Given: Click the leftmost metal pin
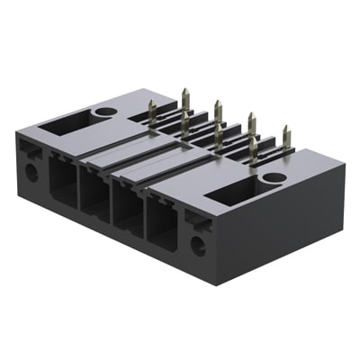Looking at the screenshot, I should [x=152, y=112].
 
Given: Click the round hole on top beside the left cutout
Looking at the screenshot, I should [x=105, y=112].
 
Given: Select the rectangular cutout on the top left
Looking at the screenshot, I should [x=66, y=121].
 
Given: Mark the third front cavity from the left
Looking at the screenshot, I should [x=126, y=211].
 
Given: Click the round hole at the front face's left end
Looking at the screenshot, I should [x=31, y=170].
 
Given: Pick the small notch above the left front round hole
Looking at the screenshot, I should [x=33, y=152].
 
